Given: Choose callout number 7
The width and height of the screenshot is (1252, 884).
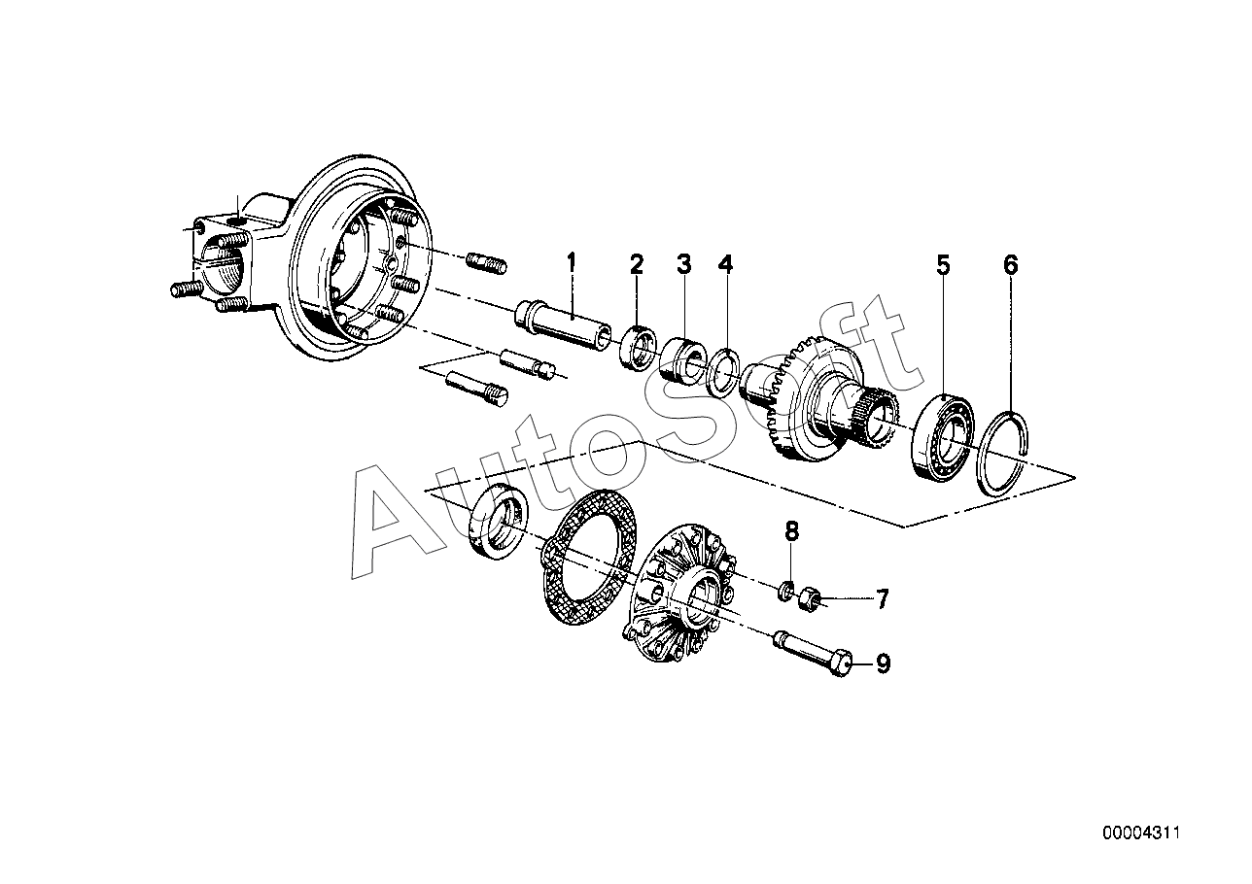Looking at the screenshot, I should coord(882,599).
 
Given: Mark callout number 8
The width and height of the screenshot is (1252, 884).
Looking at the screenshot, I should coord(792,530).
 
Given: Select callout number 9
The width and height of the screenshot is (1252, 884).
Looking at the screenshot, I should coord(882,663).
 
